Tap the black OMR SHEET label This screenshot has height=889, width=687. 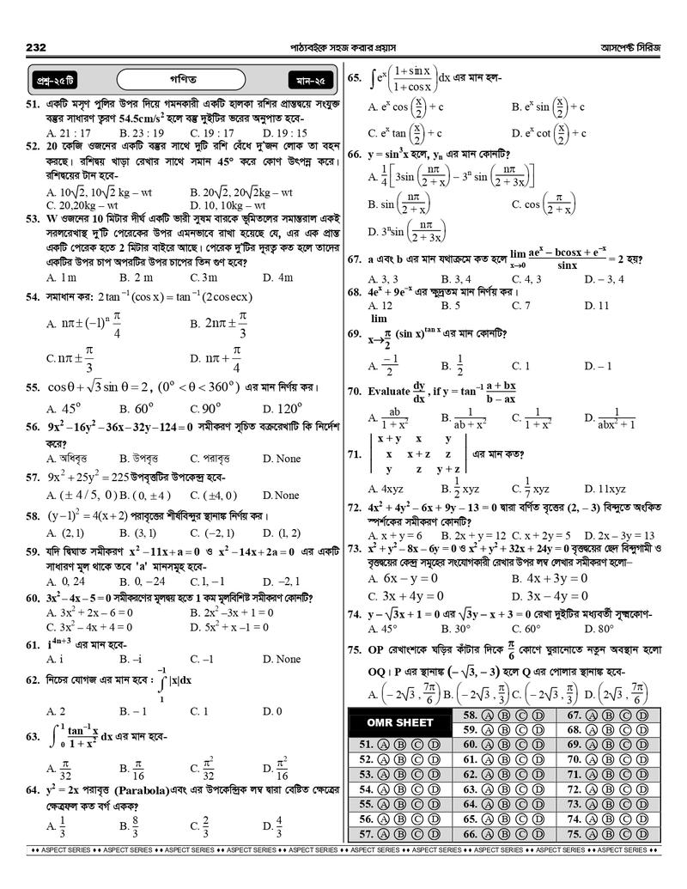click(396, 722)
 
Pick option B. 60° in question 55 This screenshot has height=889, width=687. click(137, 409)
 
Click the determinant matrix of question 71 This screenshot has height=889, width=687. click(417, 454)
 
